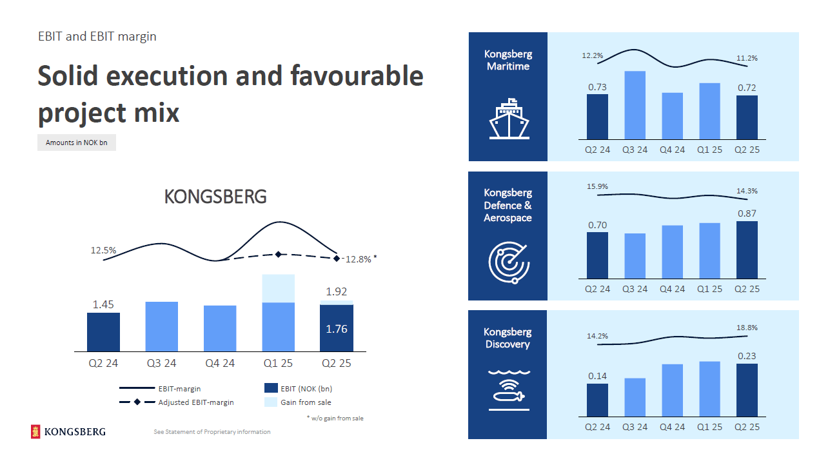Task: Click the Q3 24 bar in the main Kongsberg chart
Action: point(161,326)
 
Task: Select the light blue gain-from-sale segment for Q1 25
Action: point(278,288)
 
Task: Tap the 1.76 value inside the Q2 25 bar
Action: point(336,329)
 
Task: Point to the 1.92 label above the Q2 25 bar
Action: point(336,291)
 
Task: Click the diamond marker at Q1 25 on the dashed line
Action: point(278,255)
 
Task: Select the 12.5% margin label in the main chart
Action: point(103,250)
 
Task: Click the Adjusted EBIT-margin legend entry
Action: point(196,402)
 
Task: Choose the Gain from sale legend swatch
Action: point(270,402)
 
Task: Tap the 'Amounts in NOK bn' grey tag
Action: point(77,143)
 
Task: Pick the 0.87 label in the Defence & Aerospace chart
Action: point(747,213)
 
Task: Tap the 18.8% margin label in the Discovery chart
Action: point(747,328)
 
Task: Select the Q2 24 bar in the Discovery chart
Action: point(597,400)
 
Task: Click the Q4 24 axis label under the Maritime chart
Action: point(672,150)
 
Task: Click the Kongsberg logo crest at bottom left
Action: point(35,432)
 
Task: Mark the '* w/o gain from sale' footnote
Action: point(335,418)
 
